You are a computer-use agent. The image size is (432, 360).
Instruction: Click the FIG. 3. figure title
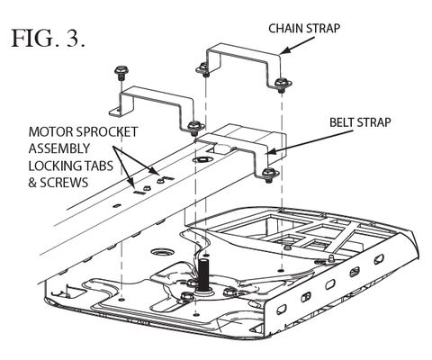coord(48,38)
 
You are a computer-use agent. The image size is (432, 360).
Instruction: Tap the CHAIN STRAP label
coord(304,29)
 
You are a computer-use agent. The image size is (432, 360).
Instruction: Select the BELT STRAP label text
coord(360,122)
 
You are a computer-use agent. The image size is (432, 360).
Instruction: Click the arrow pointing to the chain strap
coord(297,45)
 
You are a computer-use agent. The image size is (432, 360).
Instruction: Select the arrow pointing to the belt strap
coord(310,142)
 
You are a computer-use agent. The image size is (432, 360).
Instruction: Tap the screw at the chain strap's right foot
coord(282,83)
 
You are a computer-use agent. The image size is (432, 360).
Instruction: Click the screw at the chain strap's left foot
coord(202,69)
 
